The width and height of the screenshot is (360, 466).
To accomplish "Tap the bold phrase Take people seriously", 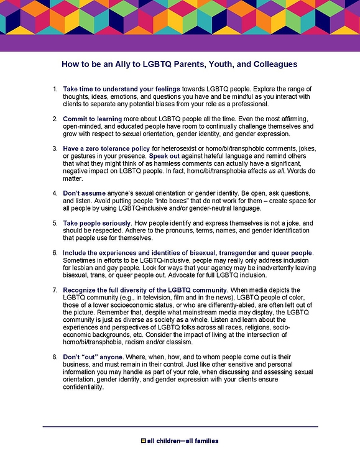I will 97,222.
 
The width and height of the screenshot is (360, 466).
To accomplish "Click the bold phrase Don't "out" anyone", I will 93,357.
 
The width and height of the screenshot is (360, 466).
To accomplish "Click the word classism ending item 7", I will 190,341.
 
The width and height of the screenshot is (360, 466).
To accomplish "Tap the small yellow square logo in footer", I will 144,442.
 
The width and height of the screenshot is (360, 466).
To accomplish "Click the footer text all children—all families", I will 183,442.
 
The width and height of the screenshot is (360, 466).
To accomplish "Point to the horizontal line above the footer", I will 180,426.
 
